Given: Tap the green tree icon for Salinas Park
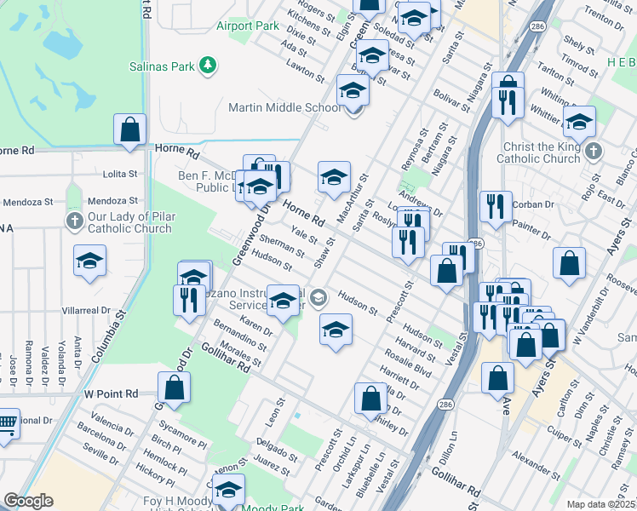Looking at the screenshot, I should click(207, 65).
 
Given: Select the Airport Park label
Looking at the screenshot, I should click(248, 26).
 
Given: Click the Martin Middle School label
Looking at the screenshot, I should click(285, 107).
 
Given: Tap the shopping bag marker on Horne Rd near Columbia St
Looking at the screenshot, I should click(130, 131).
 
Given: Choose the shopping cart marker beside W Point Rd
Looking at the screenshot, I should click(6, 422).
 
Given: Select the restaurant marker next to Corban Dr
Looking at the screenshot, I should click(496, 206).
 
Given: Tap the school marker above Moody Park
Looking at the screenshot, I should click(228, 490).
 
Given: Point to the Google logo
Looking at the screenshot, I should click(28, 501).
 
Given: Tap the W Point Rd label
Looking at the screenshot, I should click(111, 394).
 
